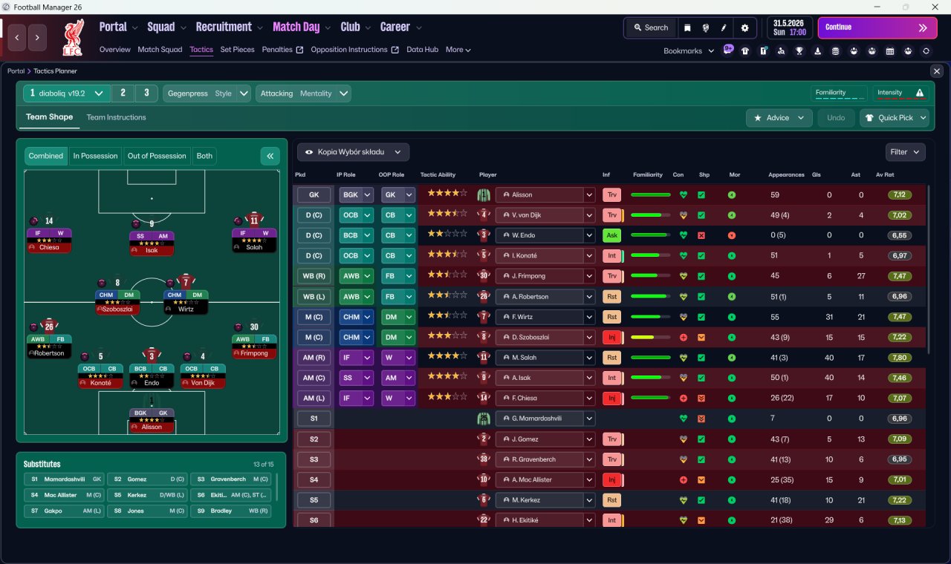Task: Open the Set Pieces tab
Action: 237,50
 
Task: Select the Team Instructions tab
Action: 116,117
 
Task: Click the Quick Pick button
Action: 895,118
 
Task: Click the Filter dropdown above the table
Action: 905,152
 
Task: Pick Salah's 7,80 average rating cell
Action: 900,358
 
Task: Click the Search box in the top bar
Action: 651,27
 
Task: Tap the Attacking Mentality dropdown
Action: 303,94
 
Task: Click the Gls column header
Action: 817,175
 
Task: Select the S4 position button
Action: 314,480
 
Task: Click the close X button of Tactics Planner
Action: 936,71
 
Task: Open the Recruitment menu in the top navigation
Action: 224,27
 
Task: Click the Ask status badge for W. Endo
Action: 611,236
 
